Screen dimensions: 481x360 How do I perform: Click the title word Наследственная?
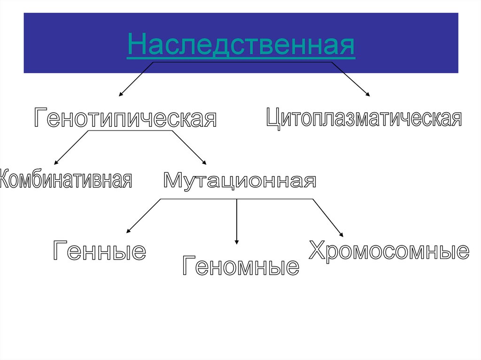(x=240, y=46)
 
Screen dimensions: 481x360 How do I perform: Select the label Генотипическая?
(x=125, y=118)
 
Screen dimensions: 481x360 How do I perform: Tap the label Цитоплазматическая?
(x=364, y=117)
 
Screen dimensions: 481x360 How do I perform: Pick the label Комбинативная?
(x=66, y=179)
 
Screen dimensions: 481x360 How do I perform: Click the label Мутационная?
(x=240, y=180)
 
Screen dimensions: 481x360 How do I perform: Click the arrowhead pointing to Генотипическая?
(x=120, y=95)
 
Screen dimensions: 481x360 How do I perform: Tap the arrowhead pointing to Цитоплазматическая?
(x=368, y=95)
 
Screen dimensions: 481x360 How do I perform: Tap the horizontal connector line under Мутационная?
(x=197, y=199)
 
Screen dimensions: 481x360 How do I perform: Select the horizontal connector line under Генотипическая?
(x=132, y=130)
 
